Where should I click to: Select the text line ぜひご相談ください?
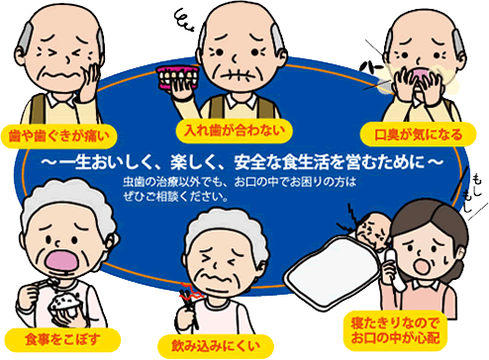point(178,195)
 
